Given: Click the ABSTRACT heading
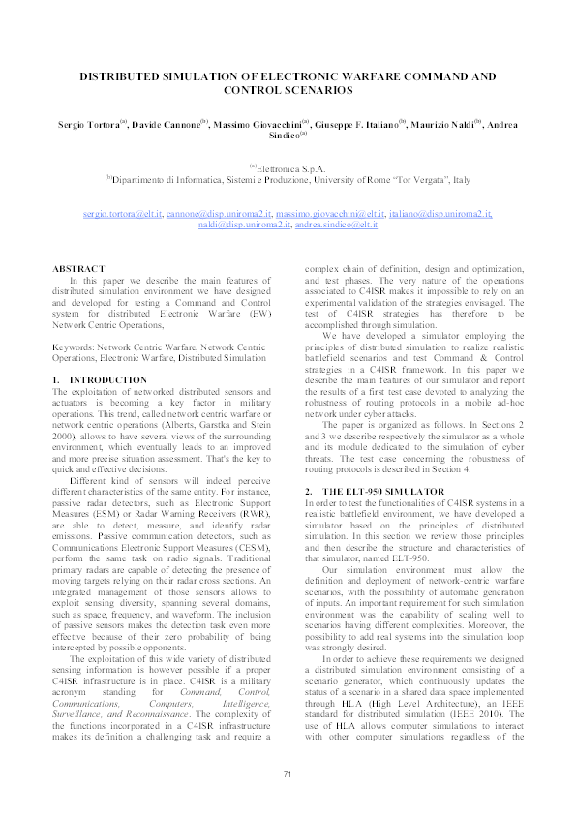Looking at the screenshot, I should [x=76, y=267].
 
